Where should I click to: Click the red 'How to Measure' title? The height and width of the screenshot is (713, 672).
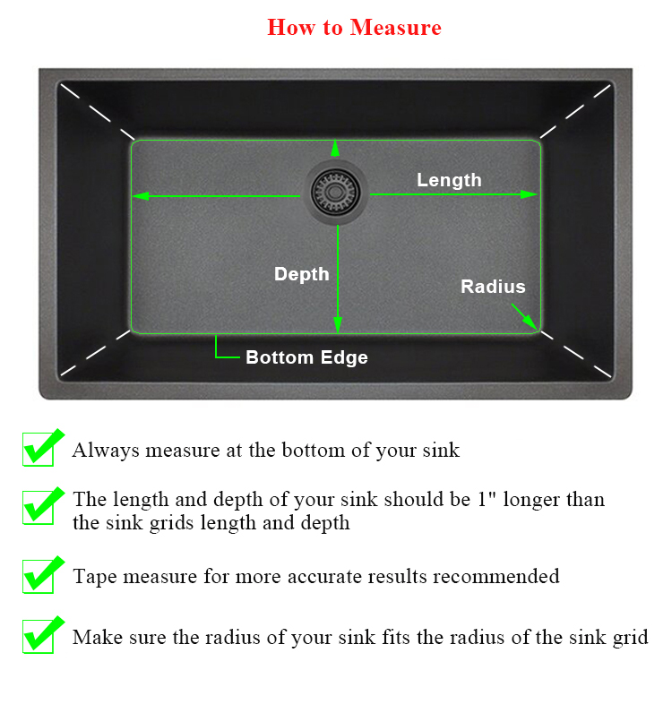click(x=354, y=27)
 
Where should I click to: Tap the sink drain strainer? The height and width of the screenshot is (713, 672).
click(x=335, y=193)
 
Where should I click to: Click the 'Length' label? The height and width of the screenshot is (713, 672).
click(x=449, y=181)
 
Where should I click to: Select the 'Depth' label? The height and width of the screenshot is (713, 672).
click(x=302, y=275)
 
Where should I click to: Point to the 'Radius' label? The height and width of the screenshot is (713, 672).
click(x=493, y=287)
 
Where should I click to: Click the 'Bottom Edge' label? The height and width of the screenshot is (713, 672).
click(x=306, y=357)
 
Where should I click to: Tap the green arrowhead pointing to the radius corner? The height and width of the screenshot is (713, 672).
click(x=530, y=322)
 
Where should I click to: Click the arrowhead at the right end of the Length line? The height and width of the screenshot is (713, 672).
click(x=530, y=194)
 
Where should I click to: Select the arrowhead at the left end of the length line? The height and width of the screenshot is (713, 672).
click(x=140, y=196)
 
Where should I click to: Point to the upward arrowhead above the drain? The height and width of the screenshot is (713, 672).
click(x=335, y=148)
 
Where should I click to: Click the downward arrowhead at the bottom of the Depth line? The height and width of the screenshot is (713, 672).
click(x=338, y=324)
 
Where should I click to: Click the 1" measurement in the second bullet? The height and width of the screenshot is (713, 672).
click(x=487, y=499)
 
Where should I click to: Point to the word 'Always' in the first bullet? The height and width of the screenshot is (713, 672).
click(x=106, y=451)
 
